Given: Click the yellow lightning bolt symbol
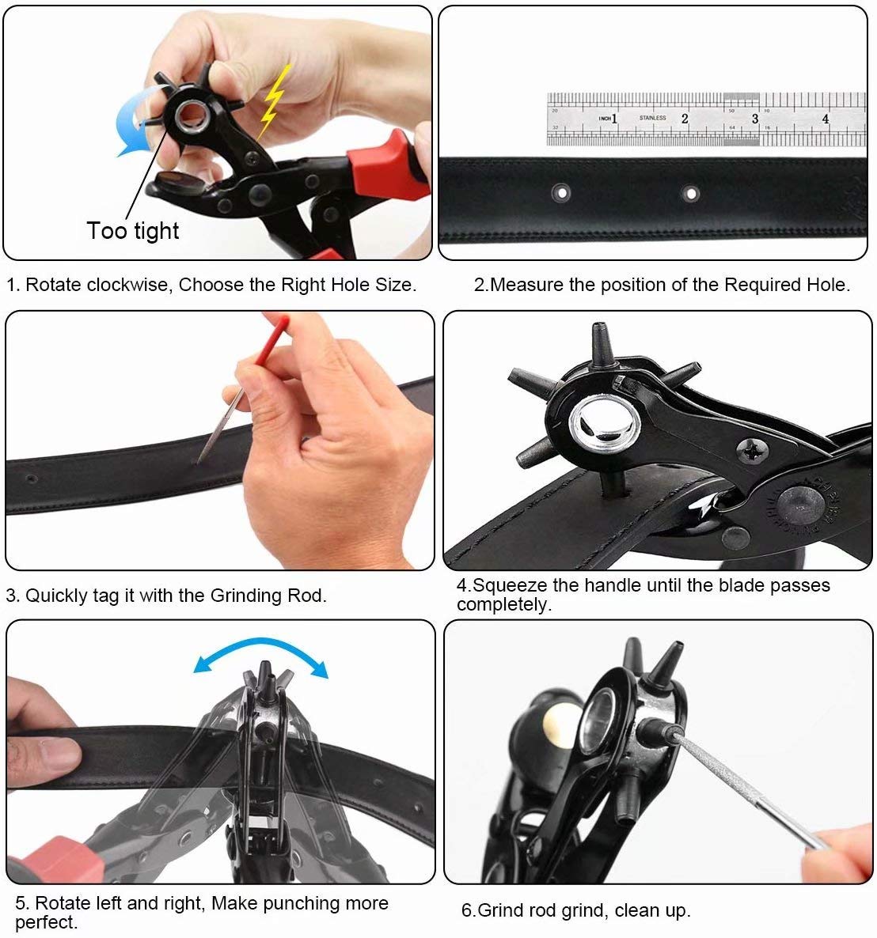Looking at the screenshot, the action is click(274, 102).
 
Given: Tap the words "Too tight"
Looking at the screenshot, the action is click(133, 231).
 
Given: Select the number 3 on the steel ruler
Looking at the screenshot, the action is click(755, 119).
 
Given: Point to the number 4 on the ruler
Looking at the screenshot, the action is click(825, 119).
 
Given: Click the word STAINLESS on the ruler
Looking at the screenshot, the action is click(652, 118).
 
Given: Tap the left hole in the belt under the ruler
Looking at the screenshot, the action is click(561, 193).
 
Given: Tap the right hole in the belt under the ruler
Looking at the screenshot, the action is click(691, 193).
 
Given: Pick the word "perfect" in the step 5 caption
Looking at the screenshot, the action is click(44, 922).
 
